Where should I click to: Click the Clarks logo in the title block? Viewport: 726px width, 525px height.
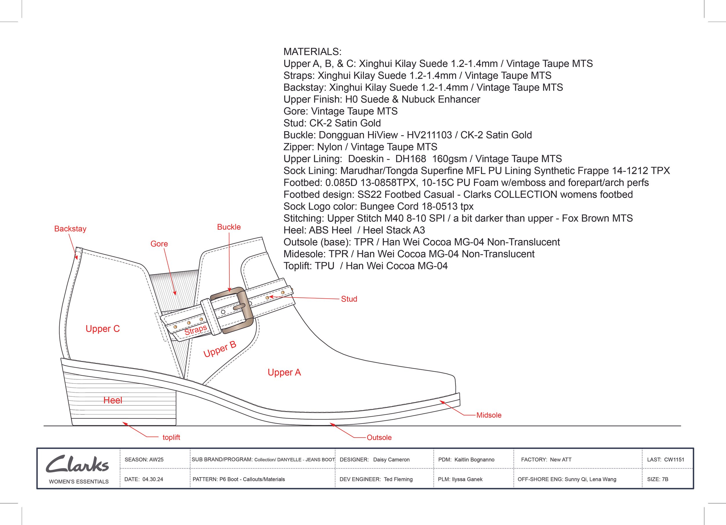[78, 464]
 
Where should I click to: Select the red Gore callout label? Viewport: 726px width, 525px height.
[159, 244]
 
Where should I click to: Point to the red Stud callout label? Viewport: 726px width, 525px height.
[349, 299]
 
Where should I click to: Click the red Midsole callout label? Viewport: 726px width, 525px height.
[489, 415]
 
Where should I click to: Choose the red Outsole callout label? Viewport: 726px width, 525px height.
[379, 438]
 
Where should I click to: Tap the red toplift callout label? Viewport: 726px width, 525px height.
[171, 437]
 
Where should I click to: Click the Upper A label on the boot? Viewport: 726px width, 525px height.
[284, 372]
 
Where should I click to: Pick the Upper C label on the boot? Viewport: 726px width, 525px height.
[103, 329]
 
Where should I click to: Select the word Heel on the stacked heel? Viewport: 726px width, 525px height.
[113, 400]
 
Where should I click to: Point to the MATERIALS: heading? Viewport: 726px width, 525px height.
[312, 52]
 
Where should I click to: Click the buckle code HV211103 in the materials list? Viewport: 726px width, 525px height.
[429, 135]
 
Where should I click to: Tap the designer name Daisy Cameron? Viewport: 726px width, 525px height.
[391, 460]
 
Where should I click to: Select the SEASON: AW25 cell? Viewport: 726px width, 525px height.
[144, 460]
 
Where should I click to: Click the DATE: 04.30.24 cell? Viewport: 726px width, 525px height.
[144, 479]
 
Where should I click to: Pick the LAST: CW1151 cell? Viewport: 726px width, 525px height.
[666, 460]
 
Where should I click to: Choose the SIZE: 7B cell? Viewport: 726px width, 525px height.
[657, 479]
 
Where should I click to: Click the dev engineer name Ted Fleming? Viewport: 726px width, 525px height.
[398, 479]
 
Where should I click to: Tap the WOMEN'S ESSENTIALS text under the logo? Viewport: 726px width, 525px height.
[79, 481]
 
